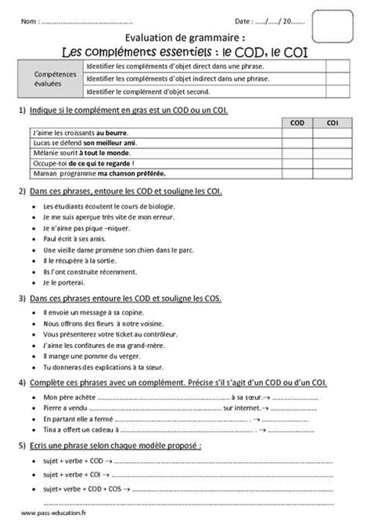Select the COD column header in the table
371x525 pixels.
pos(297,124)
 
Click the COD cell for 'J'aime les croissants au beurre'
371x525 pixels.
pos(297,135)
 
